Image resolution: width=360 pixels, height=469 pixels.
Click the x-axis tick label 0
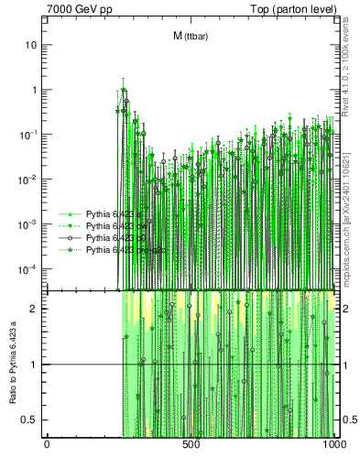[x=47, y=444]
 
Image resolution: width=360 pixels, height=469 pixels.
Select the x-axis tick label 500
[x=191, y=444]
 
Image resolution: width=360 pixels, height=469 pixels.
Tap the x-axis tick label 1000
[x=333, y=444]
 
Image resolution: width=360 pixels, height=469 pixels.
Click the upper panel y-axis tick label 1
[x=34, y=90]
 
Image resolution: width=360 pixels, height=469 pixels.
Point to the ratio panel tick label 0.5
[x=31, y=420]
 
